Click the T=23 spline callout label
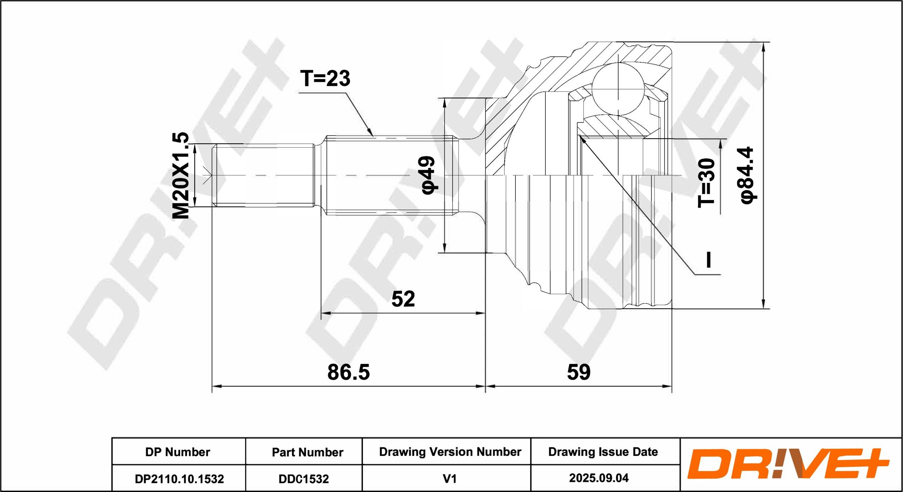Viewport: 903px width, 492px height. point(325,78)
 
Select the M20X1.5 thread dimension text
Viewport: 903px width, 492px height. point(181,175)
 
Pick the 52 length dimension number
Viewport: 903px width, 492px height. point(403,299)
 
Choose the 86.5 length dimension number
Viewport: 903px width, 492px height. point(349,372)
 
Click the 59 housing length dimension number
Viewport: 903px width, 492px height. point(579,372)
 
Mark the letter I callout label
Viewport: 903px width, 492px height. point(709,260)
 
